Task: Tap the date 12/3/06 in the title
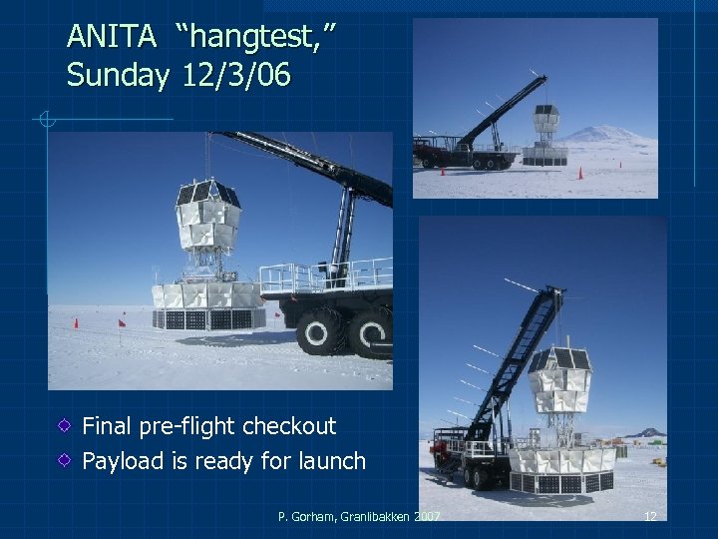(x=237, y=76)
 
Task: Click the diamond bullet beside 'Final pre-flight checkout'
(x=63, y=426)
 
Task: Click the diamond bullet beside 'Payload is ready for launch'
(x=63, y=461)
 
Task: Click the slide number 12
(x=650, y=516)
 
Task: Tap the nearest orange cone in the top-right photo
(x=581, y=173)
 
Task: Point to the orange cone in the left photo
(x=76, y=323)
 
